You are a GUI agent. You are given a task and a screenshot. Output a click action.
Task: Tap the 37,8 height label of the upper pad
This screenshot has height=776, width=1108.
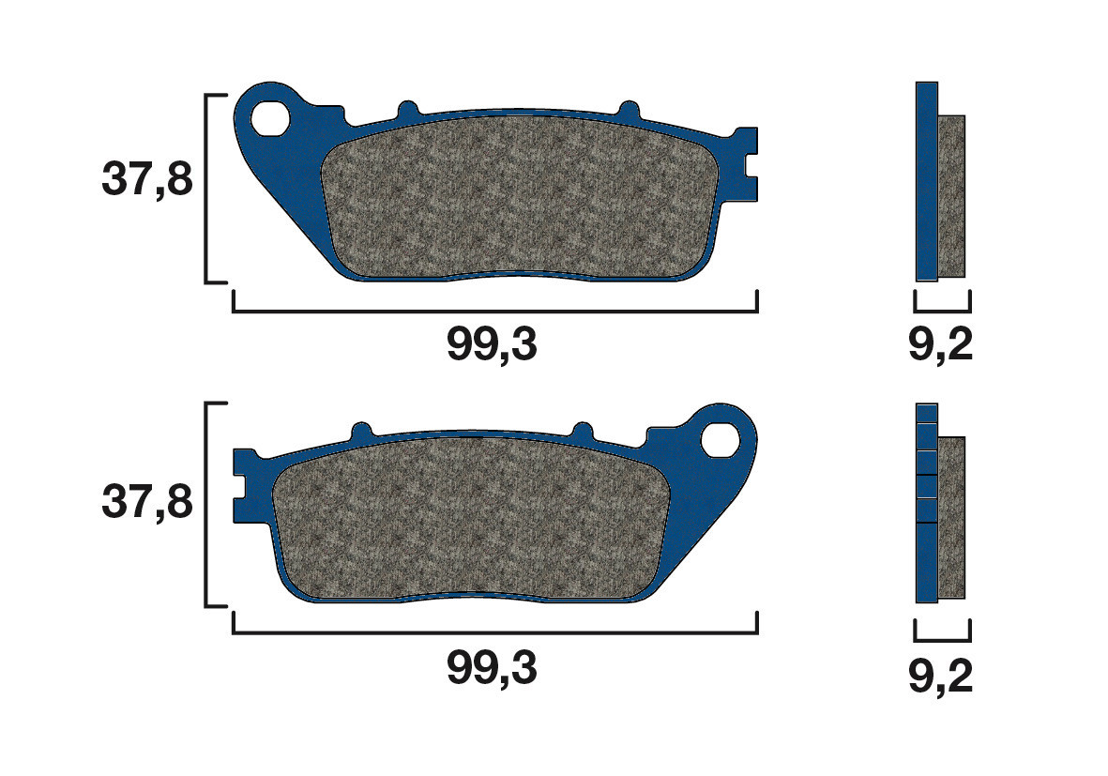point(146,179)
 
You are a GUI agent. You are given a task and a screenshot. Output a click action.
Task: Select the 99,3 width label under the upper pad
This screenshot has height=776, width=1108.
point(492,346)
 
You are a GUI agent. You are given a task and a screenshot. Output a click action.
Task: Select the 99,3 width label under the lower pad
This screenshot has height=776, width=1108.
point(492,668)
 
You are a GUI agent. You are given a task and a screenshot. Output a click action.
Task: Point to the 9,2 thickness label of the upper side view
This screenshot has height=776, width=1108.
point(941,346)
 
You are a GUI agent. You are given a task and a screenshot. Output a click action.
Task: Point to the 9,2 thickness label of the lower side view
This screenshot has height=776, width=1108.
point(941,677)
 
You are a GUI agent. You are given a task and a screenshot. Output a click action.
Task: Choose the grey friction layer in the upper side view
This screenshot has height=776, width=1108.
point(951,196)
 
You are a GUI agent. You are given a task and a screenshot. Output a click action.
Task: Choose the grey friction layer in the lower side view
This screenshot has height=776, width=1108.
point(951,517)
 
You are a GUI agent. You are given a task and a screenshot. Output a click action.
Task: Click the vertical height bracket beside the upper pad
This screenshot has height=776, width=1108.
point(207,188)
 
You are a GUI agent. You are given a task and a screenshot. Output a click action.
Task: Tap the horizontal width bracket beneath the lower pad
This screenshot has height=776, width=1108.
point(494,631)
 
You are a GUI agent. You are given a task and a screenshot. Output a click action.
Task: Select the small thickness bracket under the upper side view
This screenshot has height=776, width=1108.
point(942,309)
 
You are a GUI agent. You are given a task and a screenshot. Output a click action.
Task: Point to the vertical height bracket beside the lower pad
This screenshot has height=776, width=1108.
point(207,505)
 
